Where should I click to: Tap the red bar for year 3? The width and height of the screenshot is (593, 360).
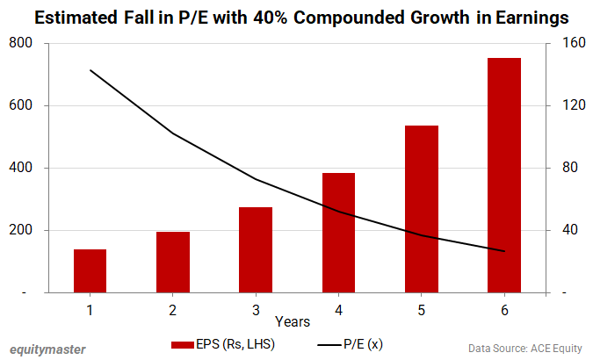tap(256, 249)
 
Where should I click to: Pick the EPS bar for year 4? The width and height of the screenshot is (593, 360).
tap(338, 232)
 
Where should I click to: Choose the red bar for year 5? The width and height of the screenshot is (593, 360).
tap(421, 208)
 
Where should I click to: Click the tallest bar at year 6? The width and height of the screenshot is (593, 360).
tap(504, 175)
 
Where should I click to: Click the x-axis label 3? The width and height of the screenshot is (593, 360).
tap(256, 310)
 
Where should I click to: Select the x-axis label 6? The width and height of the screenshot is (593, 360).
tap(504, 310)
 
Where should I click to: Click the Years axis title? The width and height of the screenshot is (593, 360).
tap(291, 322)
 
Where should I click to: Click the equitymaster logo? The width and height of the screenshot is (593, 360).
tap(47, 349)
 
